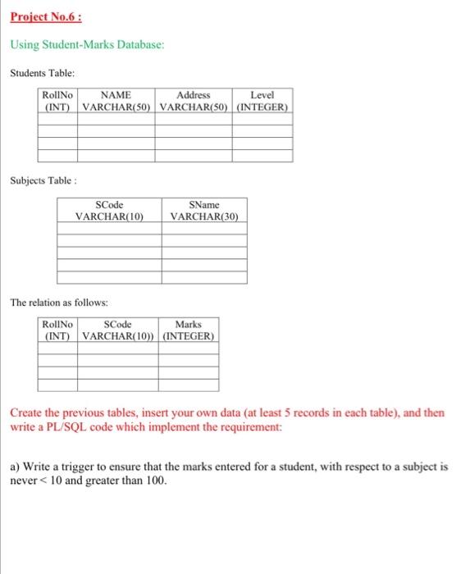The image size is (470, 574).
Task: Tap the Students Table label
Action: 43,73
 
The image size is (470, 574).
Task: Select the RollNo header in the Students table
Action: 57,95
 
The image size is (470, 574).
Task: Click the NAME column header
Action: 116,95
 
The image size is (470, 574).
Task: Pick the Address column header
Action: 194,95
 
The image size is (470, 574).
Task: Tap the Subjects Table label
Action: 43,178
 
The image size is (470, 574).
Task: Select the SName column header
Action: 204,204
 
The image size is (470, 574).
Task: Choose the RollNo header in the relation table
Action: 57,325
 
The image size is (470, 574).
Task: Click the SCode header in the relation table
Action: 118,325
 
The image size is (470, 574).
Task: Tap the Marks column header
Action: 189,325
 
